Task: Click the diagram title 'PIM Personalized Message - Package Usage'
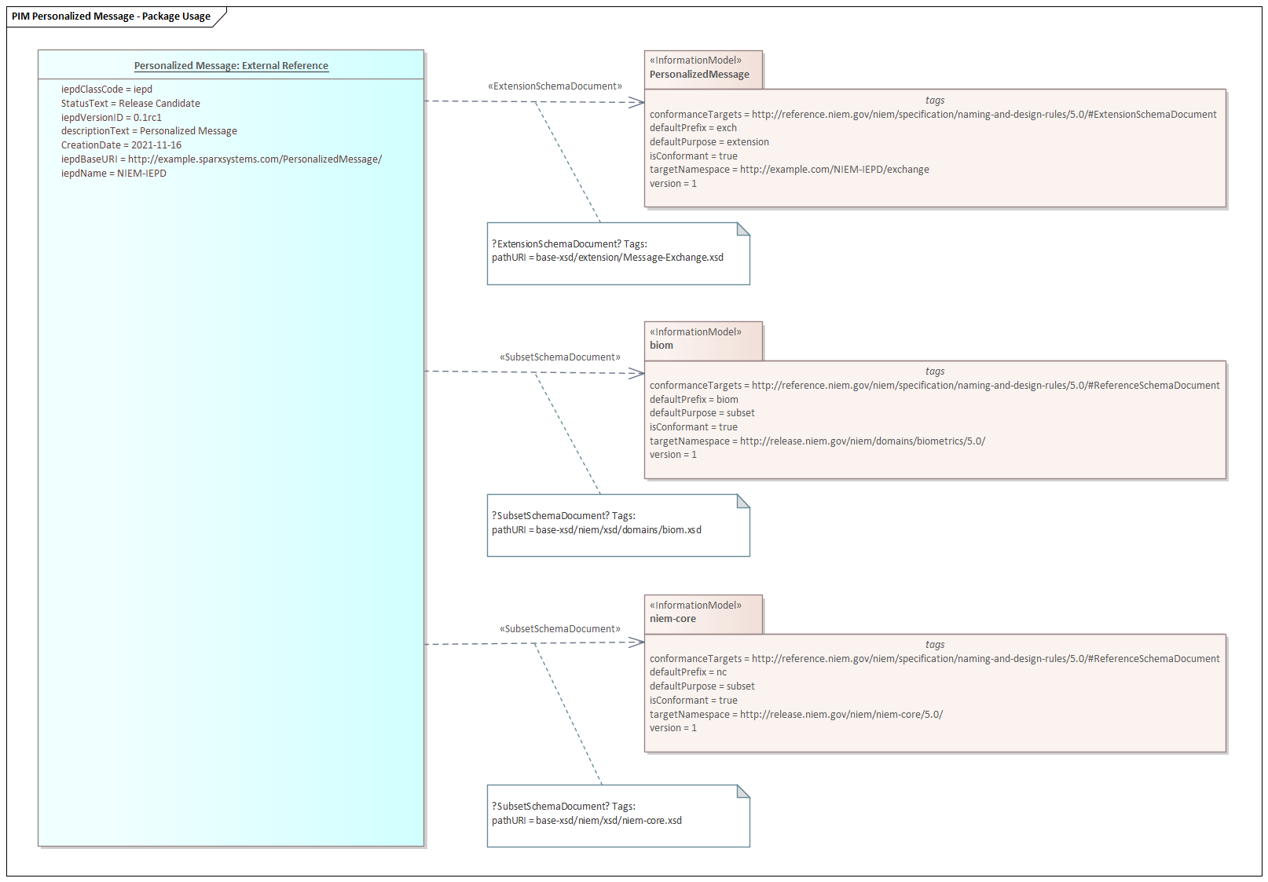[x=111, y=16]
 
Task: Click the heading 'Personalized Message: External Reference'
[x=231, y=66]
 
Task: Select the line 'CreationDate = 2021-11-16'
[x=121, y=145]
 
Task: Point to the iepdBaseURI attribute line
[x=221, y=159]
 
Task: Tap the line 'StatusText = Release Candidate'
[x=130, y=104]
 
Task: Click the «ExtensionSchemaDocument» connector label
[x=555, y=86]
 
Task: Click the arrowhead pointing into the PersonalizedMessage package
[x=637, y=102]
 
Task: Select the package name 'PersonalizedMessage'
[x=699, y=75]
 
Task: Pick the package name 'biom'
[x=661, y=346]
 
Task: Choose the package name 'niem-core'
[x=672, y=619]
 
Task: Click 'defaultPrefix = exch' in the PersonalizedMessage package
[x=693, y=128]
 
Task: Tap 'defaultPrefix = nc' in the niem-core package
[x=688, y=672]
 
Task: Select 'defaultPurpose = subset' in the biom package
[x=702, y=413]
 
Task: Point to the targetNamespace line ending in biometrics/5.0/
[x=817, y=441]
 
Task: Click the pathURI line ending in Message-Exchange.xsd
[x=607, y=258]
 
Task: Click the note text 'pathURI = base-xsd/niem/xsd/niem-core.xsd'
[x=587, y=821]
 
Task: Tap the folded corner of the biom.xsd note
[x=744, y=501]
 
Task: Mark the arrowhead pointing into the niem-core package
[x=637, y=642]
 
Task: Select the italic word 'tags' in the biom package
[x=935, y=371]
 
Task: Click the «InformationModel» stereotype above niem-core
[x=695, y=606]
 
